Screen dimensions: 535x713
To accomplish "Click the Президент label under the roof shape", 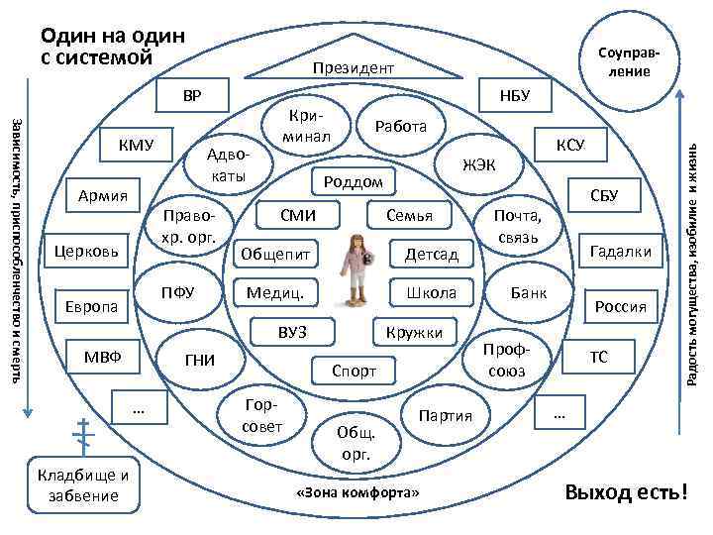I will [x=353, y=68].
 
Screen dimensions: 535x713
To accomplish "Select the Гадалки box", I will [x=620, y=252].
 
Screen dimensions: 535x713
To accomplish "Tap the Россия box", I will [x=621, y=306].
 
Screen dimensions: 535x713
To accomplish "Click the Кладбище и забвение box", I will [x=85, y=485].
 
